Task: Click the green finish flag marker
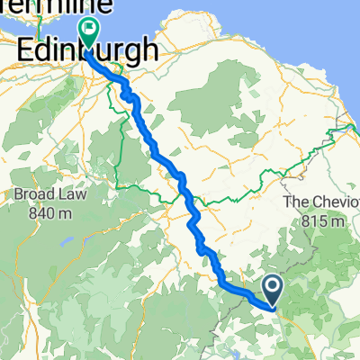(x=90, y=32)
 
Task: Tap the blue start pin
(x=273, y=288)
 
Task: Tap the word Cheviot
(x=318, y=202)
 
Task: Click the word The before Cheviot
(x=292, y=202)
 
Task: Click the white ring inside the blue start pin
(x=273, y=286)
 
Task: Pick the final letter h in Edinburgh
(x=146, y=49)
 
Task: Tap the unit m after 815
(x=339, y=220)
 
